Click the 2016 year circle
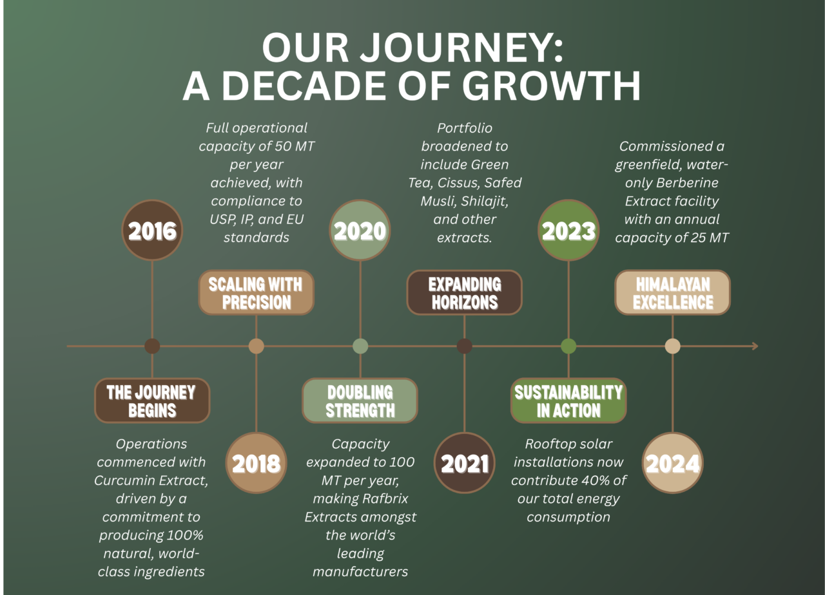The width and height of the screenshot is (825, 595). point(152,231)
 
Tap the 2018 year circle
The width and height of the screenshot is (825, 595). point(257,462)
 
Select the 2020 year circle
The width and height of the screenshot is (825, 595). point(360,231)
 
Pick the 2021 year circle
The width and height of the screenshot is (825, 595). point(465,462)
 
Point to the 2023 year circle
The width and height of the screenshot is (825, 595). point(568,231)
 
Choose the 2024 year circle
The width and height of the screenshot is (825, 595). point(672,462)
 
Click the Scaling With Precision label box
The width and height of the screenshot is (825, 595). point(257,292)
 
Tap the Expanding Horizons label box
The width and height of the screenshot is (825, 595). point(465,292)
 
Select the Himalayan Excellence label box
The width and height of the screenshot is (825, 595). point(672,292)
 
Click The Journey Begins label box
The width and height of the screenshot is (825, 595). point(152,401)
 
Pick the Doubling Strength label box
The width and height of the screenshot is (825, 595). point(360,401)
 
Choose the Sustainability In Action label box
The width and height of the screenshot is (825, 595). point(568,401)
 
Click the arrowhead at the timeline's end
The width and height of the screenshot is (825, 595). point(755,346)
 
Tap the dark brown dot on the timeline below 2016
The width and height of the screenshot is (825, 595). point(152,346)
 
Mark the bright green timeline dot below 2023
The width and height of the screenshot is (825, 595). point(568,346)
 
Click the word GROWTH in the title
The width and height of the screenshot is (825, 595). point(551,86)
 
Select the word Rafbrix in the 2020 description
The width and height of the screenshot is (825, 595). point(385,498)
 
